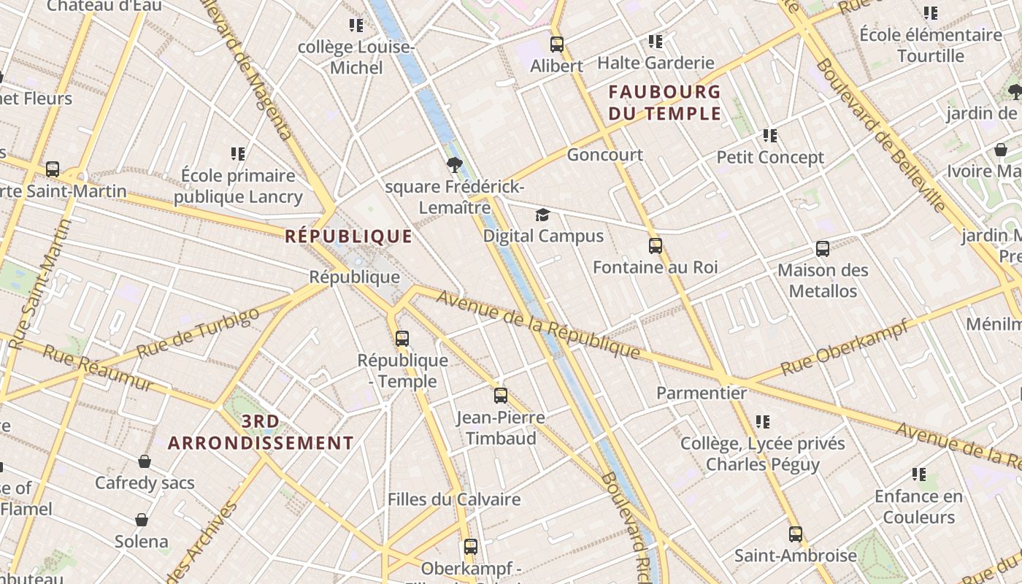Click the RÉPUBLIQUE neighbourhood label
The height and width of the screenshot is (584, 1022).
(348, 237)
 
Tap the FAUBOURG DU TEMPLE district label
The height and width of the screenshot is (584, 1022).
(664, 103)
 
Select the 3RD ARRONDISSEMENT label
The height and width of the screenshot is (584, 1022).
(261, 432)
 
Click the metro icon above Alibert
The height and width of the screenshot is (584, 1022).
(557, 45)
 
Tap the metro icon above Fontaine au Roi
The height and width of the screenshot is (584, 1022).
(656, 246)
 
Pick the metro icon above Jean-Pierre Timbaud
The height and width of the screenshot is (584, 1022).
(500, 396)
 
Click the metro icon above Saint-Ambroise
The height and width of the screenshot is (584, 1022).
(795, 534)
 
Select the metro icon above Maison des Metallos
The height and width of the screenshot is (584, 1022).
(823, 249)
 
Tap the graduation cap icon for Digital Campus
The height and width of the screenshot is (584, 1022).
(542, 215)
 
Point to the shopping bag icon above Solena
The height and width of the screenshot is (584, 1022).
(142, 520)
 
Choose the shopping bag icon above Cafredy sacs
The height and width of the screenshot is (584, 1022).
(145, 461)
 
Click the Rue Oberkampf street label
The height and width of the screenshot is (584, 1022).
(844, 347)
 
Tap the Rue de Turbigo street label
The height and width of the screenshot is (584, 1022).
(198, 333)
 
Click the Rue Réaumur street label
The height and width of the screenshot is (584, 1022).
(98, 368)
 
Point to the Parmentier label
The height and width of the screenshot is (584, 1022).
(702, 393)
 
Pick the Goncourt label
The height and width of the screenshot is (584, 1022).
(604, 155)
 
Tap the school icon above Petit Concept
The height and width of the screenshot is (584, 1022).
(769, 136)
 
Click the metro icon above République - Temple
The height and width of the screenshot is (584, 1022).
(402, 339)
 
